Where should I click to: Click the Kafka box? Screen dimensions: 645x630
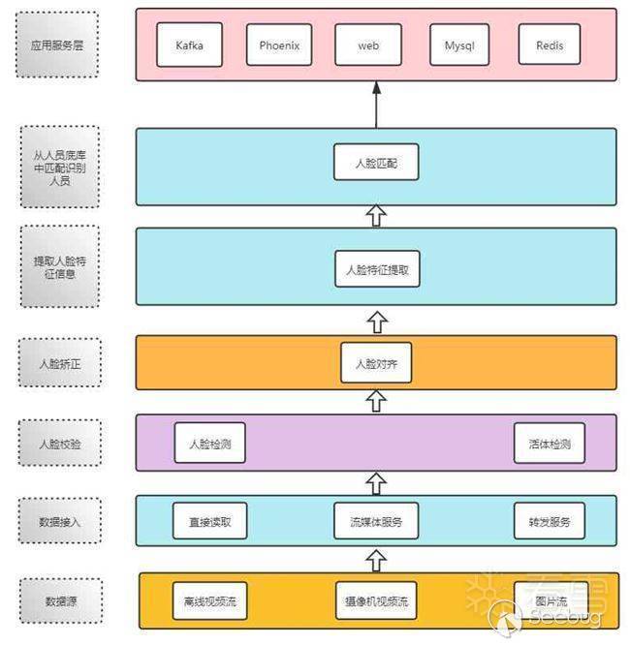click(190, 45)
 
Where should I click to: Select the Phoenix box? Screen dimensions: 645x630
click(279, 45)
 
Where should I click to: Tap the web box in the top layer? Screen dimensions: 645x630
click(368, 45)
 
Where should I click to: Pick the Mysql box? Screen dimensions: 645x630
click(459, 45)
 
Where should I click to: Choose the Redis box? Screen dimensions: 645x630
click(550, 45)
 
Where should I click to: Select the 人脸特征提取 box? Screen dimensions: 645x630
click(377, 269)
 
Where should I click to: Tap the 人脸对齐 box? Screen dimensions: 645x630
click(376, 363)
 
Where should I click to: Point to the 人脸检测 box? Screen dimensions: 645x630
click(209, 445)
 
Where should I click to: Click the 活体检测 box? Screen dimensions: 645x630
click(550, 445)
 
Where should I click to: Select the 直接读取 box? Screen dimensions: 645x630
click(209, 521)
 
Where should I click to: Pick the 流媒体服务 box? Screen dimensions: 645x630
click(376, 521)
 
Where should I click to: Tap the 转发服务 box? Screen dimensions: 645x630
click(550, 521)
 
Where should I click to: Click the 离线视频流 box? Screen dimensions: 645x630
click(209, 600)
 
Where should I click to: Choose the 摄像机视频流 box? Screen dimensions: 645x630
click(376, 600)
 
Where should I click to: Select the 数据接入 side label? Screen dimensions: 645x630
click(59, 521)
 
